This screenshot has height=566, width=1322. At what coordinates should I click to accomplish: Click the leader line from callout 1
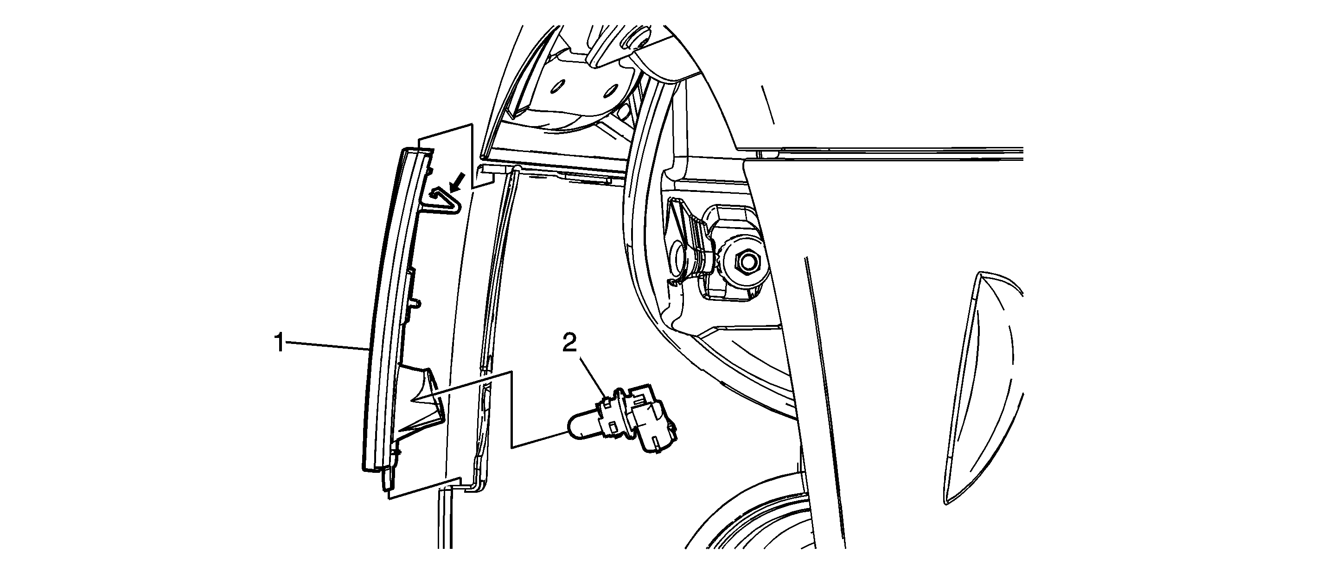[x=327, y=346]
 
